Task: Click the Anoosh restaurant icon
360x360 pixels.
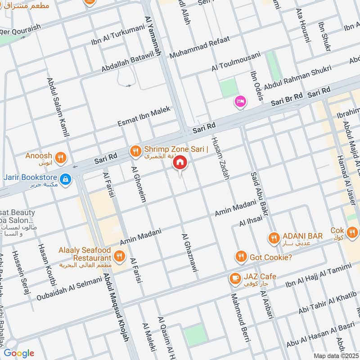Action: pos(61,157)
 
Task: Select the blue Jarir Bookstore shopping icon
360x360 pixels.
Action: pos(66,179)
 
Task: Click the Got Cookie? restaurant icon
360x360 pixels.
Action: pos(241,257)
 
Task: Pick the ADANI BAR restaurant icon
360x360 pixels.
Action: pos(274,238)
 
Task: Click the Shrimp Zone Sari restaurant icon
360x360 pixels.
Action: pos(135,152)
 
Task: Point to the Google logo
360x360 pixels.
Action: pos(19,353)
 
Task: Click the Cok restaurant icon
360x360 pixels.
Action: pos(353,232)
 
